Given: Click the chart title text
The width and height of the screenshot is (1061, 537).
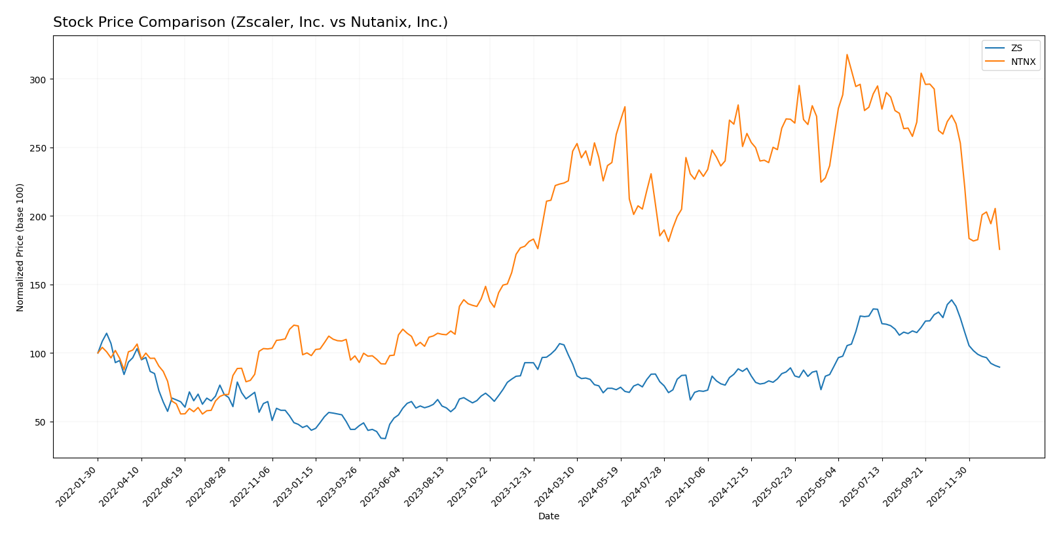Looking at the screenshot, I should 250,22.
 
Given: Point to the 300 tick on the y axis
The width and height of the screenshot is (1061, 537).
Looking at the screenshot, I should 40,79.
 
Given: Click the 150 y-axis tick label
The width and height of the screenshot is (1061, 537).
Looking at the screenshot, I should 40,285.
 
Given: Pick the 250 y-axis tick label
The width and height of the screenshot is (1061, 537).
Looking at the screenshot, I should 40,148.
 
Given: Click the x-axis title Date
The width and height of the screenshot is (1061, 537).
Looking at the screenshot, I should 548,517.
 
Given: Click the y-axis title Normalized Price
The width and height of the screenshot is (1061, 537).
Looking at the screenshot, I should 20,247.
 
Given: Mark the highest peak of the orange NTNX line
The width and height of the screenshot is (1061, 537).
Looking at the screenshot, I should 847,54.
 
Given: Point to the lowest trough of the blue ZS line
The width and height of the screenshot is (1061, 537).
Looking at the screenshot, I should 385,439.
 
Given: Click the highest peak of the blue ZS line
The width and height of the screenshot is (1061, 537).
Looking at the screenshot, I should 952,300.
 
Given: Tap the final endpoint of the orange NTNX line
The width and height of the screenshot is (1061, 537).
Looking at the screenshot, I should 999,249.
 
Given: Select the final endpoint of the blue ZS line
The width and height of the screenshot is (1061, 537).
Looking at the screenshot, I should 999,367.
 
